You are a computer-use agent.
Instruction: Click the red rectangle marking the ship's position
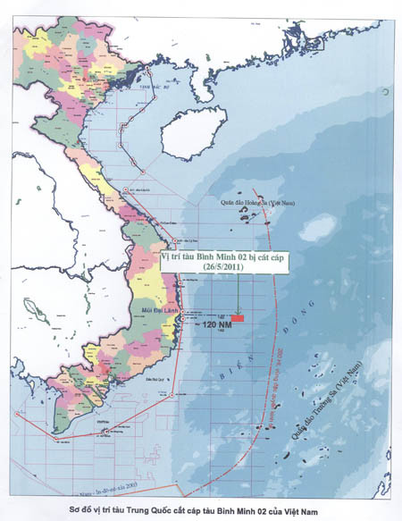238,317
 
